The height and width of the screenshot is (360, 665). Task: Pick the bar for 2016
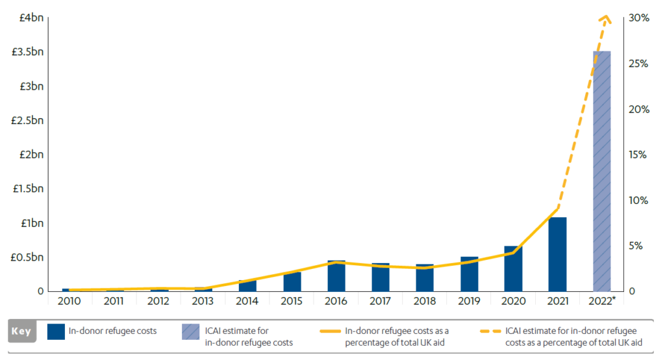(x=336, y=276)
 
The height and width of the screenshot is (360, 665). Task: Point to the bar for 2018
(x=425, y=277)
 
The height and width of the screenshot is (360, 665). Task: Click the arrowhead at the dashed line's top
(x=605, y=19)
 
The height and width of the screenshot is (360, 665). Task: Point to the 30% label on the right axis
(x=639, y=18)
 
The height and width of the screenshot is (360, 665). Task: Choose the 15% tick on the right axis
(x=639, y=155)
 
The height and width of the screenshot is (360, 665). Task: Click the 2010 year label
(x=69, y=301)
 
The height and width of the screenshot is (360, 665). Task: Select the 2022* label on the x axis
(x=603, y=301)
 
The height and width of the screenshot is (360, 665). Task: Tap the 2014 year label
(x=247, y=301)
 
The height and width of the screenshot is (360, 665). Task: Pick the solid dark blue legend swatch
(x=56, y=331)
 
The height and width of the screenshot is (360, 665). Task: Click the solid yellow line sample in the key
(x=330, y=331)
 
